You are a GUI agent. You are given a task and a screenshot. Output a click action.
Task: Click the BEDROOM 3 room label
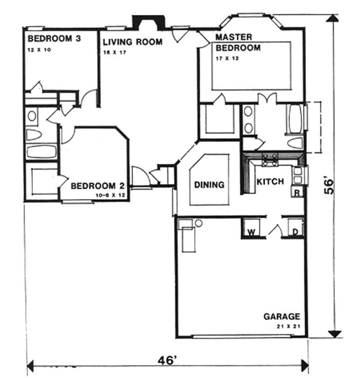[54, 39]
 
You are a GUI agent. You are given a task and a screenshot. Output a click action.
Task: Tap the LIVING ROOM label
[132, 42]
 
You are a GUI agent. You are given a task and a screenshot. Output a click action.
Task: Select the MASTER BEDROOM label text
[238, 42]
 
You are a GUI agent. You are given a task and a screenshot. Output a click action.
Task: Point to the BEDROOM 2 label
[97, 186]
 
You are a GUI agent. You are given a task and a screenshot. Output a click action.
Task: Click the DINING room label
[209, 184]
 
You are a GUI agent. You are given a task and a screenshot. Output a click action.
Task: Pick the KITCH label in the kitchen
[270, 182]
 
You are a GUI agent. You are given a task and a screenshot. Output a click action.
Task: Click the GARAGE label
[281, 317]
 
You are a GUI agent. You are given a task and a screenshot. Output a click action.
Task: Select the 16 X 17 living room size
[114, 52]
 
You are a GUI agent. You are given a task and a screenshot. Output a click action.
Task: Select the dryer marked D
[295, 232]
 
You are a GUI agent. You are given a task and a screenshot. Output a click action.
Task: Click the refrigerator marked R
[297, 193]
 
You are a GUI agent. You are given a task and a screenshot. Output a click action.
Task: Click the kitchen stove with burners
[270, 159]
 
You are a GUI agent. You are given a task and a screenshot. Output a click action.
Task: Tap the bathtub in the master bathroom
[295, 119]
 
